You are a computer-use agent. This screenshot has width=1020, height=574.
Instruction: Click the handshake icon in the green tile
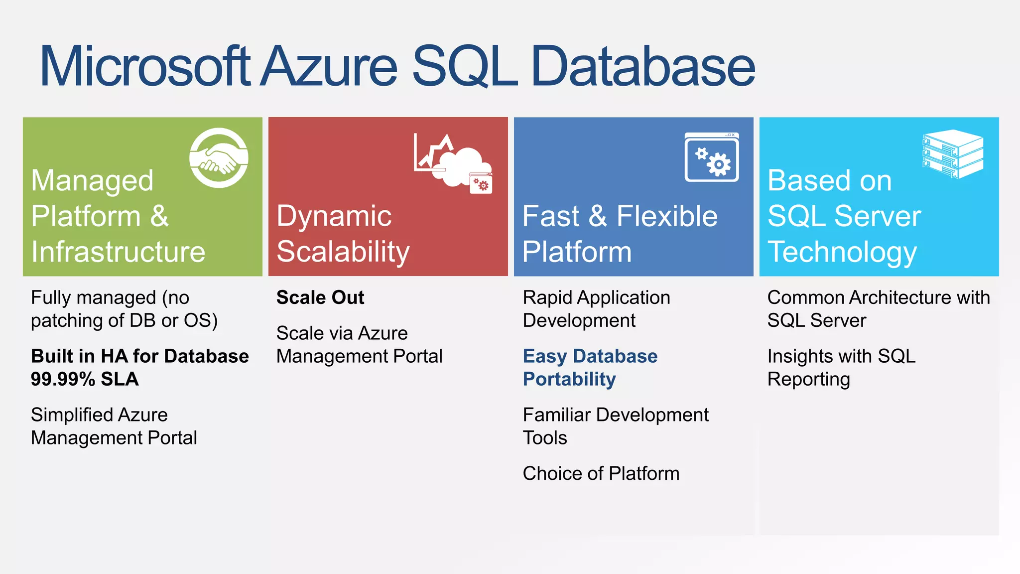pyautogui.click(x=219, y=158)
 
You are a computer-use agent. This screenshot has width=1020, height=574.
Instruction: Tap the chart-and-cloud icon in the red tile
pyautogui.click(x=452, y=163)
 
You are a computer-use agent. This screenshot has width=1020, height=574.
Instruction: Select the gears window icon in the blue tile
pyautogui.click(x=712, y=157)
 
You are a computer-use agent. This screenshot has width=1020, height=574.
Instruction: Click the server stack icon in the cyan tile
pyautogui.click(x=953, y=154)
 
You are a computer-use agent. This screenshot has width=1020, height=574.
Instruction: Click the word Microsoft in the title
pyautogui.click(x=144, y=66)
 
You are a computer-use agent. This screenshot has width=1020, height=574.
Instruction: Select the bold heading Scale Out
pyautogui.click(x=320, y=297)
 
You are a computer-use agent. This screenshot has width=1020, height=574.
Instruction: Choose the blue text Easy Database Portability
pyautogui.click(x=590, y=368)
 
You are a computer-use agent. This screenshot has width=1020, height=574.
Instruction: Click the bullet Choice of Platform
pyautogui.click(x=601, y=473)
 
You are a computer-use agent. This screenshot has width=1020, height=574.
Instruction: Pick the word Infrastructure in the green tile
pyautogui.click(x=118, y=252)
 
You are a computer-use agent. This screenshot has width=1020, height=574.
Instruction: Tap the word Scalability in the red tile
pyautogui.click(x=343, y=252)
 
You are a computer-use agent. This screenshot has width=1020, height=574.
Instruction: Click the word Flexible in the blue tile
pyautogui.click(x=667, y=216)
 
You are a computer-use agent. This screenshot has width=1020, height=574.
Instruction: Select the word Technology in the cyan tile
pyautogui.click(x=842, y=252)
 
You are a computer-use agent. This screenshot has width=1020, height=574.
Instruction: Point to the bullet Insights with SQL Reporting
pyautogui.click(x=841, y=368)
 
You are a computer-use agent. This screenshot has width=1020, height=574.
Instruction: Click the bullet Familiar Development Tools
pyautogui.click(x=615, y=426)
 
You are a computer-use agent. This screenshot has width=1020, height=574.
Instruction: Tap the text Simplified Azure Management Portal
pyautogui.click(x=114, y=426)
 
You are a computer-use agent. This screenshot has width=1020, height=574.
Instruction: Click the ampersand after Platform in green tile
pyautogui.click(x=159, y=216)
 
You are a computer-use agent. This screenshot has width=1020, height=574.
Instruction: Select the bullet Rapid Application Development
pyautogui.click(x=596, y=309)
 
